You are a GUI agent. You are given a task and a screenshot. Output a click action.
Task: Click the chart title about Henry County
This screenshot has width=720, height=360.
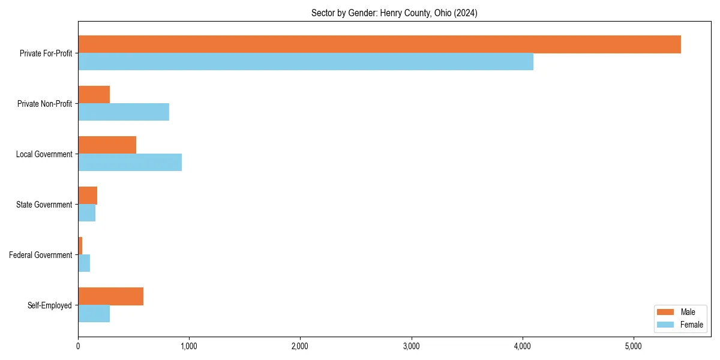coord(394,13)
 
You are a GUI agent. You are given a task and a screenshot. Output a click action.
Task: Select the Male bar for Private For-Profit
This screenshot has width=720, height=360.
coord(379,44)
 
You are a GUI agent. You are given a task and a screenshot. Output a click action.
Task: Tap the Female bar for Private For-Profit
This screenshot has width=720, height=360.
coord(305,62)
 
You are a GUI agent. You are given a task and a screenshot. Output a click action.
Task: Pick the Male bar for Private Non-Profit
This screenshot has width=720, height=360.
coord(94,95)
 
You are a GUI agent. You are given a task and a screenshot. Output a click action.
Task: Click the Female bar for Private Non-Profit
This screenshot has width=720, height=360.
coord(124,112)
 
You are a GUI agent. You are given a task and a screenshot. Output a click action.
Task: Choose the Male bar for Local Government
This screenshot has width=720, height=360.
coord(107,145)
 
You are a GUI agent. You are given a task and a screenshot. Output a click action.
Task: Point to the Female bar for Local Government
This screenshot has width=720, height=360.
coord(130,163)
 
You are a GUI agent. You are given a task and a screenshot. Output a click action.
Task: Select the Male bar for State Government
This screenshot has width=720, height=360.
coord(88,196)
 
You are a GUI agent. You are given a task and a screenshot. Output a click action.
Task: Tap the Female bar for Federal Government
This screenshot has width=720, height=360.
coord(84,263)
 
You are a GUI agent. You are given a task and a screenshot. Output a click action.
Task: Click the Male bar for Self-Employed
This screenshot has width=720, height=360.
coord(111,296)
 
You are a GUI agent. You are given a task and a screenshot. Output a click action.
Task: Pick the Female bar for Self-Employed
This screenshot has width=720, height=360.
coord(94,314)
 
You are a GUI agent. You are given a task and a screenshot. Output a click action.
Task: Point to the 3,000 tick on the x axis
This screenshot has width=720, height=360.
coord(412,346)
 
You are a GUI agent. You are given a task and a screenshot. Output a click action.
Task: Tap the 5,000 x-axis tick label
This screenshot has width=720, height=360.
coord(634,346)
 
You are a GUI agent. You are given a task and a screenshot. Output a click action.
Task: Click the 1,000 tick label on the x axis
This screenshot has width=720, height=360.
coord(189,346)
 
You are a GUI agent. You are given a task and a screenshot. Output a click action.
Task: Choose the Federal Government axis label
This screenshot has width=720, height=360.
coord(41,255)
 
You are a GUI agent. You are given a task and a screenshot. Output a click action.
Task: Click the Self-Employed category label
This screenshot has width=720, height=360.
coord(50,305)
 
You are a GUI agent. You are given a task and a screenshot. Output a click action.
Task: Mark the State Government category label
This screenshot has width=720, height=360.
coord(44,205)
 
